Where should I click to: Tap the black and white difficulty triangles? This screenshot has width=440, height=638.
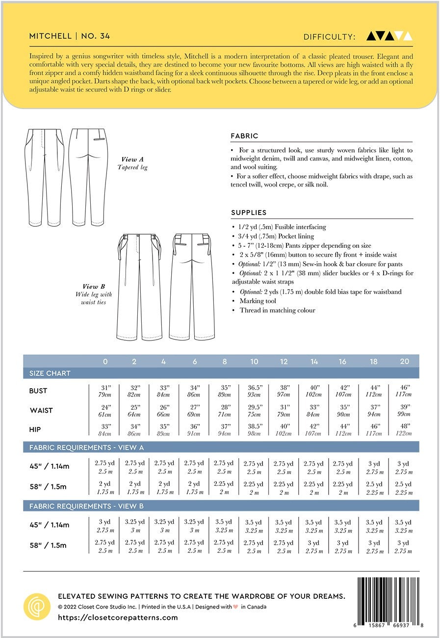click(x=389, y=36)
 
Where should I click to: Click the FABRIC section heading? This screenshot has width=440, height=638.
click(x=244, y=136)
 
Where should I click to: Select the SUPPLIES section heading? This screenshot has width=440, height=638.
click(x=249, y=213)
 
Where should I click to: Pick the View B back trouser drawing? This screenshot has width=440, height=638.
click(x=192, y=287)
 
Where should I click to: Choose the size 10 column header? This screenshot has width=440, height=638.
click(x=254, y=362)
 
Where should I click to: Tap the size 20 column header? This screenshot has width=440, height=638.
click(x=404, y=362)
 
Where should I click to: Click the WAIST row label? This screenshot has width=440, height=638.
click(x=41, y=410)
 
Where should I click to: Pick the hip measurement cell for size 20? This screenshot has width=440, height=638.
click(x=404, y=430)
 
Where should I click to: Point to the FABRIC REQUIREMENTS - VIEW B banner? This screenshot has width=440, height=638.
click(x=86, y=506)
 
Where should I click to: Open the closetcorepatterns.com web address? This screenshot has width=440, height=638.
click(x=118, y=617)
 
